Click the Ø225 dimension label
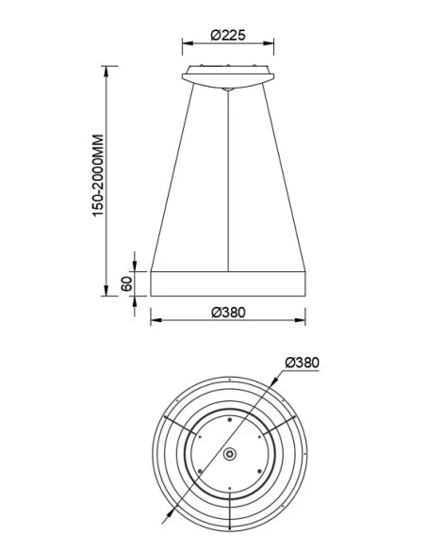coord(228,35)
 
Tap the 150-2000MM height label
coord(97,176)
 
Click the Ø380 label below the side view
coord(228,313)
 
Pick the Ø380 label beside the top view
coord(302,363)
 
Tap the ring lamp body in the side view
coord(228,282)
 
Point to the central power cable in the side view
coord(229,179)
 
